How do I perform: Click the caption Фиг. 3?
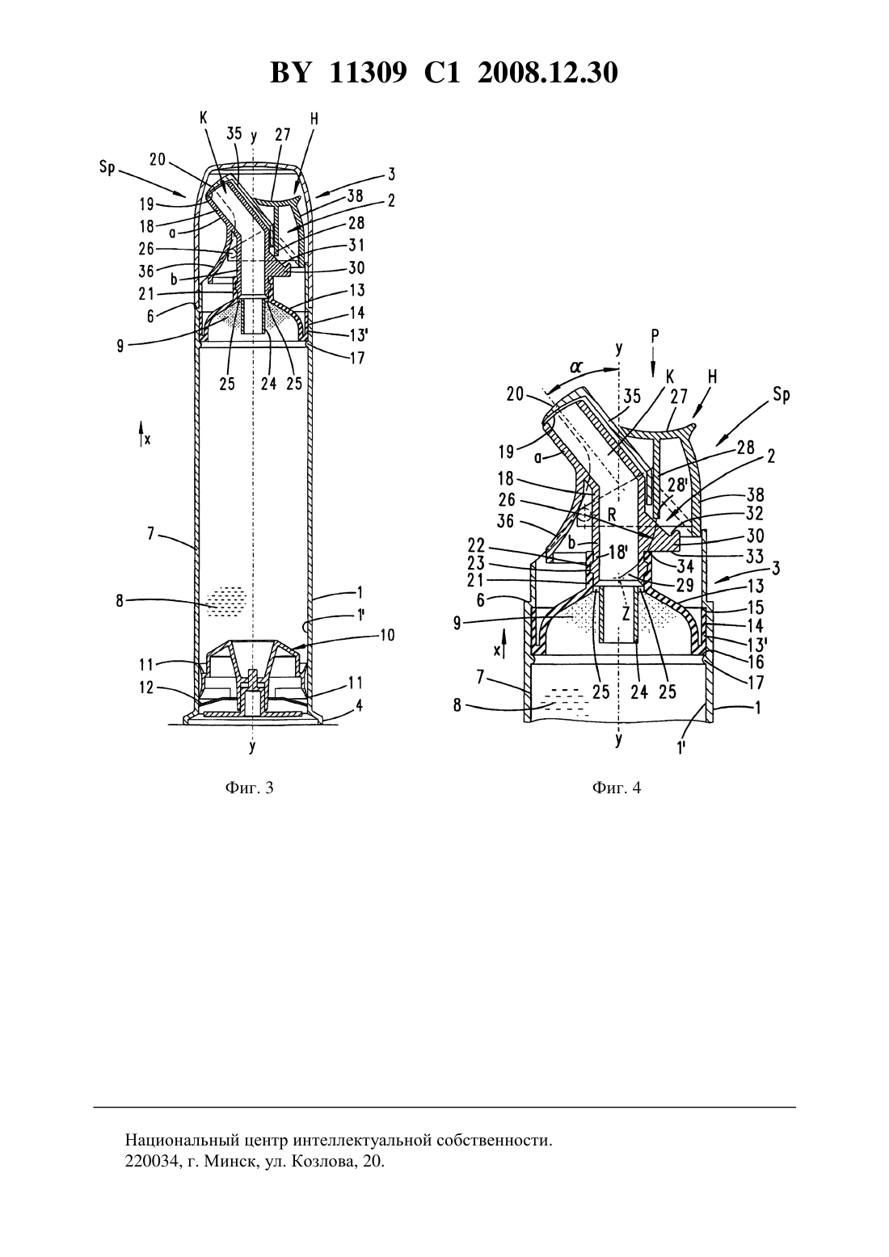coord(249,788)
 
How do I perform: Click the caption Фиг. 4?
coord(616,788)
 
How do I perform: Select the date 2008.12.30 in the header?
coord(548,73)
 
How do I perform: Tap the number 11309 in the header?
coord(367,73)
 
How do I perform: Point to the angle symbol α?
coord(575,368)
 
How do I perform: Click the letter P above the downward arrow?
coord(655,336)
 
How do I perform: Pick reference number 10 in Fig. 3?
coord(387,635)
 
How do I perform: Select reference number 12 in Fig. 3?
coord(146,687)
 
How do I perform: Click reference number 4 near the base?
coord(360,705)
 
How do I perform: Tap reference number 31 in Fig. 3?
coord(356,246)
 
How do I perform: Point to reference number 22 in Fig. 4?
coord(476,544)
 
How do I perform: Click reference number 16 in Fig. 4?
coord(756,662)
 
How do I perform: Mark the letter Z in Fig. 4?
coord(626,614)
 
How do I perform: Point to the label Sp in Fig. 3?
coord(107,168)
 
